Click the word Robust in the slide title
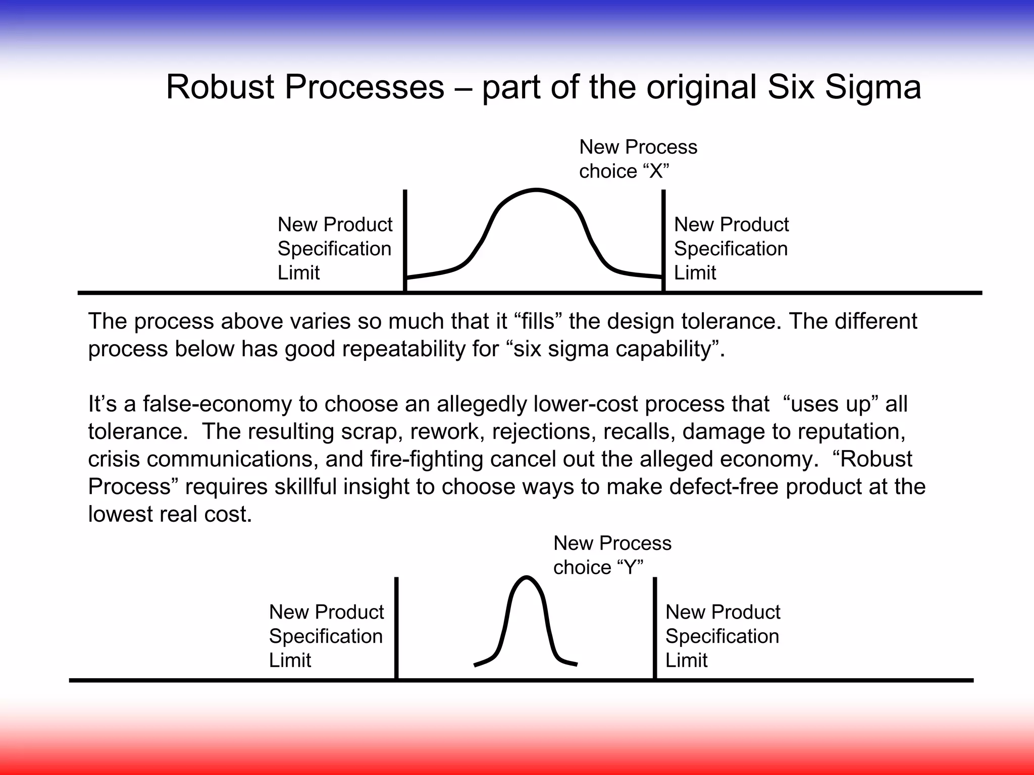(220, 87)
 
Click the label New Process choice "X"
(638, 159)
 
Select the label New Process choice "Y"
(612, 555)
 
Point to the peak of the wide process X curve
(536, 190)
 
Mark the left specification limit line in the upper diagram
(405, 237)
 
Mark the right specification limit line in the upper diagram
(663, 237)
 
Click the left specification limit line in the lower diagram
(396, 626)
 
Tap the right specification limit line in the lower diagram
(655, 626)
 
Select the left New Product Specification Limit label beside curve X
(335, 248)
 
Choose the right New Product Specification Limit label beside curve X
(731, 248)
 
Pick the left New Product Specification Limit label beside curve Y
(326, 636)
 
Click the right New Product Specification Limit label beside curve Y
(722, 636)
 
